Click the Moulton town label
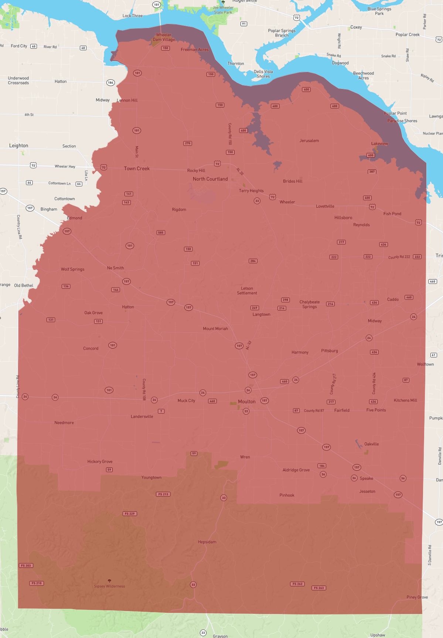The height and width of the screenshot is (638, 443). click(x=246, y=401)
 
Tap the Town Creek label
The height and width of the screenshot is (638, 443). click(x=137, y=168)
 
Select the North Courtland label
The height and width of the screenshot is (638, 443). click(x=210, y=179)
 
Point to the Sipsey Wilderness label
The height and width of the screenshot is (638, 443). click(x=109, y=586)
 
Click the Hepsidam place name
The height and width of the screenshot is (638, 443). click(x=207, y=542)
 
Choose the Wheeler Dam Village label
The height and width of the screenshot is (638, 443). click(x=164, y=37)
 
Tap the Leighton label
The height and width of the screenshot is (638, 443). click(x=18, y=145)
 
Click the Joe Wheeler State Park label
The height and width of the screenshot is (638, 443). click(x=223, y=10)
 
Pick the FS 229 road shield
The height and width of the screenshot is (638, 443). click(x=130, y=514)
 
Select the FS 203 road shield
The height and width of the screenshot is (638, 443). click(x=26, y=566)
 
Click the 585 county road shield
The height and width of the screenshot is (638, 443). click(x=161, y=233)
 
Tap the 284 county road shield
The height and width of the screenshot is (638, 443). click(x=253, y=261)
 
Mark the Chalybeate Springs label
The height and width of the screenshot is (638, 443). click(x=310, y=304)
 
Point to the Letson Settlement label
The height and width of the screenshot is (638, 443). click(x=247, y=291)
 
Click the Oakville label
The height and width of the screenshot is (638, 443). click(x=371, y=444)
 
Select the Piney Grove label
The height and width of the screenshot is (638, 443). click(x=417, y=597)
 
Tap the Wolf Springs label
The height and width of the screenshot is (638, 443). click(x=72, y=269)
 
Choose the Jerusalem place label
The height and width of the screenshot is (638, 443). click(x=309, y=141)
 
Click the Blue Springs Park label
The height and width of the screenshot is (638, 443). click(x=379, y=11)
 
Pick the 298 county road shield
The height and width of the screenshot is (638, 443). click(x=285, y=300)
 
